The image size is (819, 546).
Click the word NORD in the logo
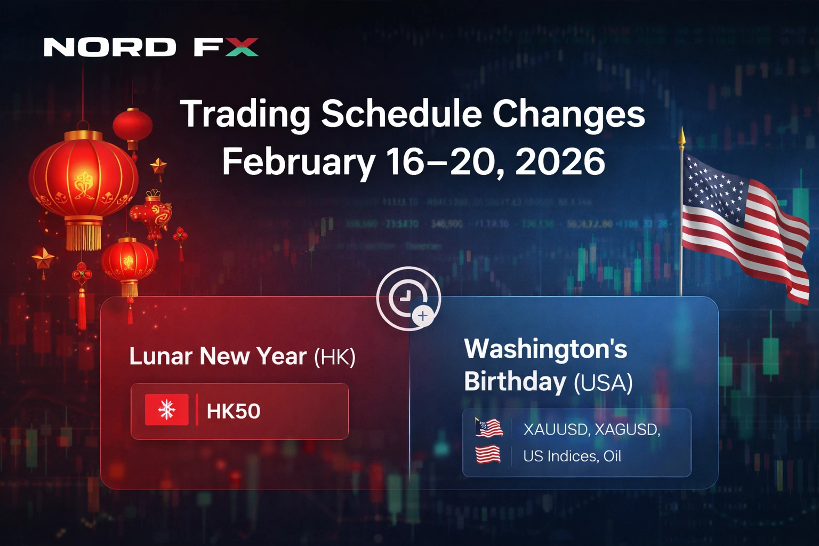pyautogui.click(x=109, y=47)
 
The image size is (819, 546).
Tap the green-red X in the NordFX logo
pyautogui.click(x=242, y=47)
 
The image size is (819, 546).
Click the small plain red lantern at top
pyautogui.click(x=133, y=126)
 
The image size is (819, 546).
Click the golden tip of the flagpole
pyautogui.click(x=681, y=138)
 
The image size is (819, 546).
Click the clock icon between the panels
pyautogui.click(x=407, y=296)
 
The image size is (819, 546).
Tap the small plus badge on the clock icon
pyautogui.click(x=423, y=316)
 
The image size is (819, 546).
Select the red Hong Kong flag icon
pyautogui.click(x=167, y=410)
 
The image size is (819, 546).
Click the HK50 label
pyautogui.click(x=234, y=411)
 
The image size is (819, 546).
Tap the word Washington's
pyautogui.click(x=545, y=349)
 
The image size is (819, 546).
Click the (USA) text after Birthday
pyautogui.click(x=603, y=383)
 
